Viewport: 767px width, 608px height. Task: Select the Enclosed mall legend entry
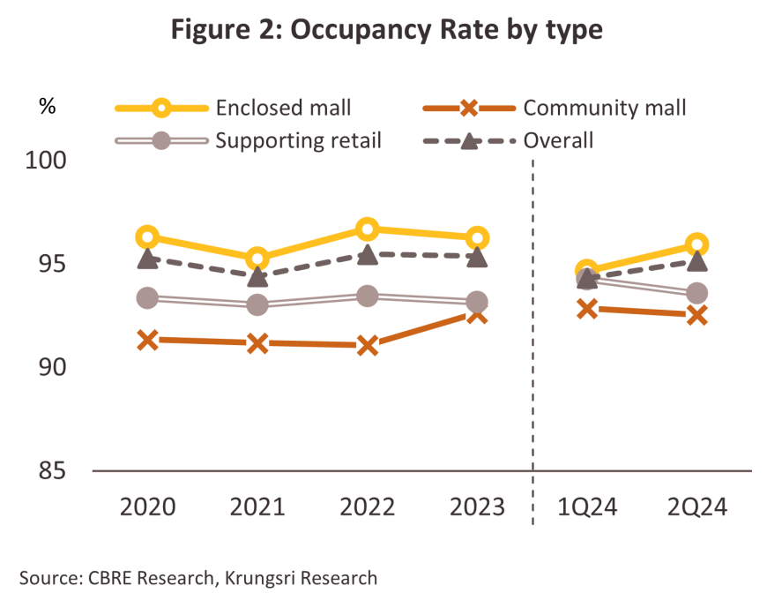(x=234, y=109)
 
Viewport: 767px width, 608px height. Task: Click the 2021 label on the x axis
(x=257, y=508)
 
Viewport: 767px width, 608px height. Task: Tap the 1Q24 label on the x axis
(x=586, y=508)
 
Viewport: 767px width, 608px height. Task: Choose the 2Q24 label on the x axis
(x=697, y=508)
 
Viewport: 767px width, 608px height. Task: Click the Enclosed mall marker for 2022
(x=368, y=229)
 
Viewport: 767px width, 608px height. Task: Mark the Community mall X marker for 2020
(x=147, y=339)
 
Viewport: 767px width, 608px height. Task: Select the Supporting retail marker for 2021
(x=257, y=304)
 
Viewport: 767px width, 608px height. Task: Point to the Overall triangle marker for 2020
(x=147, y=259)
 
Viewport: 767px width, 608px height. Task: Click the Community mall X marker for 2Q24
(x=697, y=315)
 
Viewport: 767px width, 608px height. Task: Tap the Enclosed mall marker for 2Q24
(x=697, y=244)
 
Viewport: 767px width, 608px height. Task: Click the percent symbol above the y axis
(x=47, y=107)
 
